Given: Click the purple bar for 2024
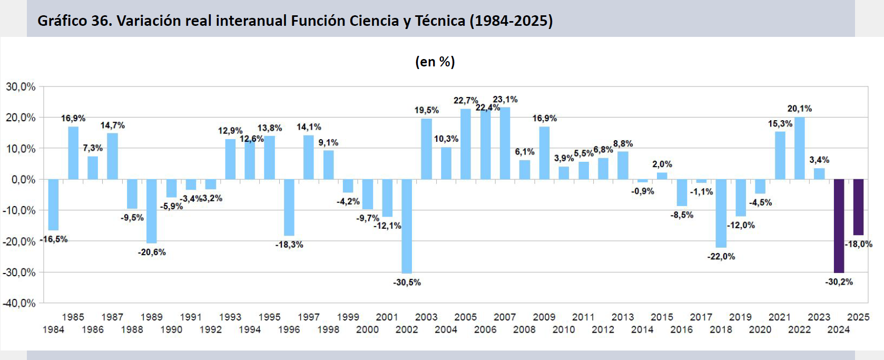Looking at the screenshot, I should pyautogui.click(x=839, y=226).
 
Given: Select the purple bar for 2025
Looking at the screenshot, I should pyautogui.click(x=858, y=207).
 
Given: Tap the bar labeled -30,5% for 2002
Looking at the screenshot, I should pyautogui.click(x=407, y=226).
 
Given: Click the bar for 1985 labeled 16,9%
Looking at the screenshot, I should pyautogui.click(x=73, y=153).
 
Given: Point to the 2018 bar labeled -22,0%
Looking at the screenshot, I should pyautogui.click(x=721, y=213).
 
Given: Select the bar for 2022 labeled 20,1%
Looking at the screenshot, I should pyautogui.click(x=799, y=148).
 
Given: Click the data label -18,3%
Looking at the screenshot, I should pyautogui.click(x=289, y=245).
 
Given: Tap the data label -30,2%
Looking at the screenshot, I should pyautogui.click(x=839, y=282).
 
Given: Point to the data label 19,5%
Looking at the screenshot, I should pyautogui.click(x=426, y=110).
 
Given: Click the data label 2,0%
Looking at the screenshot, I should pyautogui.click(x=662, y=164).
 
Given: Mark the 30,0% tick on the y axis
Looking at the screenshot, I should pyautogui.click(x=21, y=86).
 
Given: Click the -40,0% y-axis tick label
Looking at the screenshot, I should pyautogui.click(x=19, y=303).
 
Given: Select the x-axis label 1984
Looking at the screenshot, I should pyautogui.click(x=53, y=330).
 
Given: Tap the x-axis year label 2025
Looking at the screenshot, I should pyautogui.click(x=858, y=317).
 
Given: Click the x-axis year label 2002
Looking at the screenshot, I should pyautogui.click(x=407, y=330).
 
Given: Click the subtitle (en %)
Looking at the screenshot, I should pyautogui.click(x=435, y=62).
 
